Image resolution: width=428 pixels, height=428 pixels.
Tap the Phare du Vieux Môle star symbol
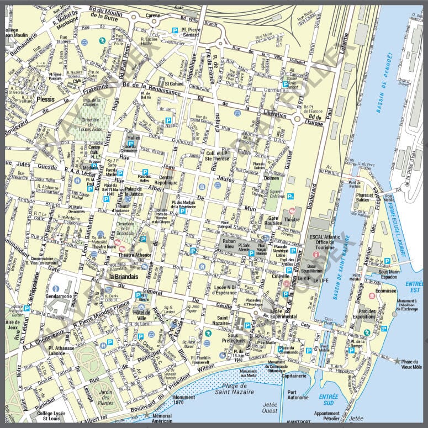(397, 361)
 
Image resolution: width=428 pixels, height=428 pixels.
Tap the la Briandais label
(124, 277)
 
